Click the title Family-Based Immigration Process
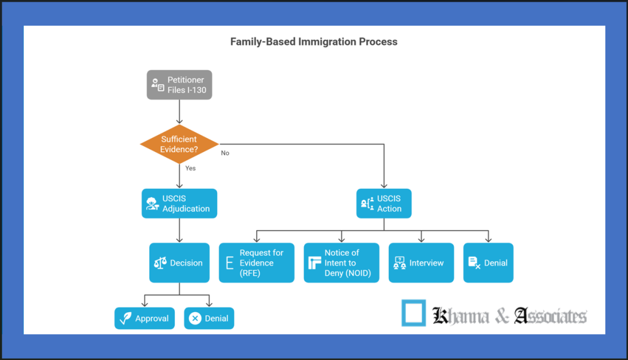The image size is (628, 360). tap(313, 42)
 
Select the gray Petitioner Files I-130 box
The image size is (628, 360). tap(179, 85)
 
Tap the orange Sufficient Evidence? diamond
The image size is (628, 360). tap(179, 144)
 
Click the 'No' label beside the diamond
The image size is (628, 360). tap(225, 153)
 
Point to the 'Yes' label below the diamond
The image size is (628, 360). tap(190, 168)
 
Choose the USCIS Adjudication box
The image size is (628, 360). tap(179, 204)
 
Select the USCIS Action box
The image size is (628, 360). tap(384, 204)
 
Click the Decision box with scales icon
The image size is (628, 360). tap(179, 263)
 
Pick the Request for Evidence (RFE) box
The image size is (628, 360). tap(256, 263)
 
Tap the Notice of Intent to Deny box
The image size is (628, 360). tap(342, 263)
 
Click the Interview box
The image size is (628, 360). tap(421, 263)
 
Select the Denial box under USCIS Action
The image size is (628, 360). tap(488, 263)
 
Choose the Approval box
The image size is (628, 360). tap(144, 318)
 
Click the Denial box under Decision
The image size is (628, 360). tap(209, 318)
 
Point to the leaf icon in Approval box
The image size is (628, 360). tap(126, 318)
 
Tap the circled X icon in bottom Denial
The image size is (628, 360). tap(195, 318)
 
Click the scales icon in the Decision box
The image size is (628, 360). tap(160, 263)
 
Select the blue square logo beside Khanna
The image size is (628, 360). tap(413, 313)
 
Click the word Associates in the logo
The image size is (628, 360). tap(550, 316)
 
